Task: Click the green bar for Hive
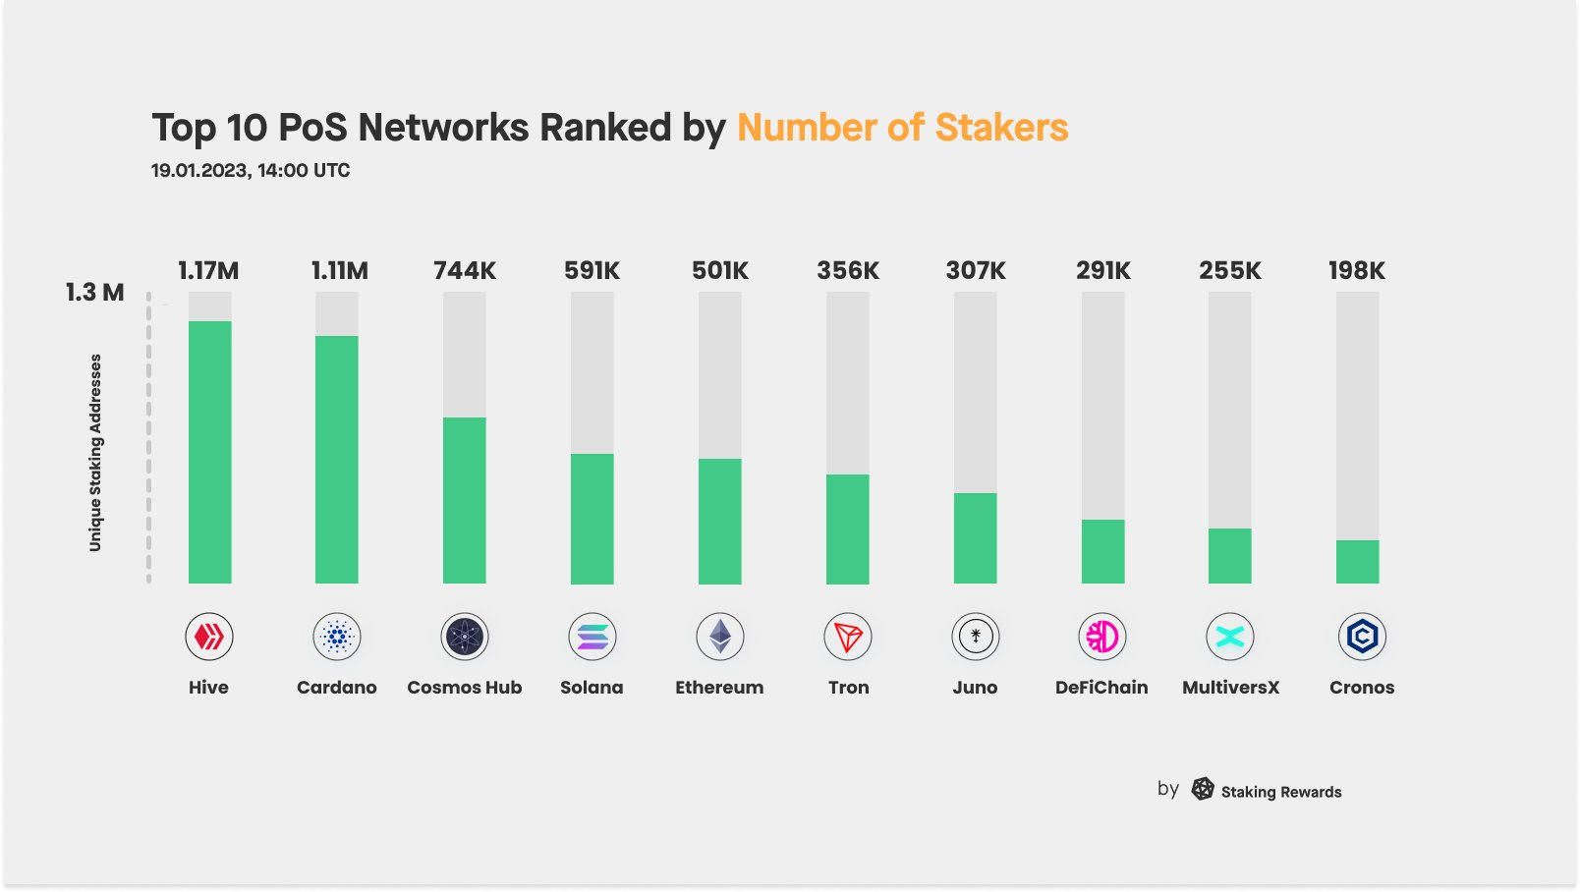209,452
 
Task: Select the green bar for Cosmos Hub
465,500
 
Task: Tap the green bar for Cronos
1357,562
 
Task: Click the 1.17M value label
208,271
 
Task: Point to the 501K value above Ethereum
720,271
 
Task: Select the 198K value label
1357,271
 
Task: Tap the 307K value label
976,271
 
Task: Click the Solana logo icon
592,638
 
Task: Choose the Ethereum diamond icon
720,638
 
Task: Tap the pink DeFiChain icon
1102,638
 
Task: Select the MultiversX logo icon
1230,638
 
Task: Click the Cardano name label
337,688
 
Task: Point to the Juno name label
975,688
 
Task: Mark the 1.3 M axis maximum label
95,293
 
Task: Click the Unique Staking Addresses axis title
95,452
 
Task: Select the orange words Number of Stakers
902,128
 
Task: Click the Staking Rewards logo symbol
1203,789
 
